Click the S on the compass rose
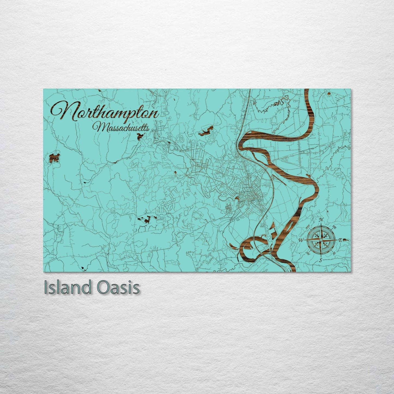coord(321,260)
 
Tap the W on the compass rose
coord(302,240)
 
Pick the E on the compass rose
coord(340,240)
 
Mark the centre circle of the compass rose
coord(321,240)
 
